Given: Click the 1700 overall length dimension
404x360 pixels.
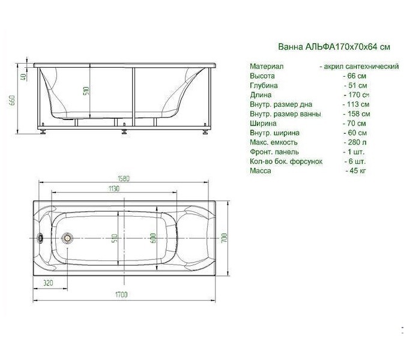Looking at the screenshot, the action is pyautogui.click(x=121, y=295).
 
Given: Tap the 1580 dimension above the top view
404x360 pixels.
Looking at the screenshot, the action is pyautogui.click(x=124, y=178).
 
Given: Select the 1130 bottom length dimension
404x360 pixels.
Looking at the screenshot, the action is pyautogui.click(x=113, y=188).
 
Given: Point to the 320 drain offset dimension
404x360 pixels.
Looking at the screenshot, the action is pyautogui.click(x=48, y=283).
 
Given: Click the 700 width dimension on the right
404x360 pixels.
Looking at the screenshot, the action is pyautogui.click(x=224, y=238).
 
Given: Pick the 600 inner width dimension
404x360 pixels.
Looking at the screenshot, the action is pyautogui.click(x=153, y=239).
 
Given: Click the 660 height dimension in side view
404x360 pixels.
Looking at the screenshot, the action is pyautogui.click(x=13, y=100).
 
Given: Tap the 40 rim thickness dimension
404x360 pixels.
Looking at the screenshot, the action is pyautogui.click(x=23, y=76).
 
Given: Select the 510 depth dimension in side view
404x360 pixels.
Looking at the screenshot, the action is pyautogui.click(x=86, y=91).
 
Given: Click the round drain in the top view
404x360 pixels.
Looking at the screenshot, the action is pyautogui.click(x=67, y=238).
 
